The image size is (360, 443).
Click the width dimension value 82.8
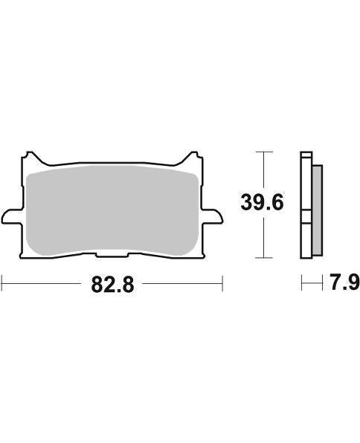[x=112, y=285]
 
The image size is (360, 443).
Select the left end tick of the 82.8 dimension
[x=2, y=283]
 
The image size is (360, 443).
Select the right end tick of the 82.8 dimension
[x=222, y=283]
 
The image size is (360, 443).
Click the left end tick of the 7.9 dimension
[x=301, y=283]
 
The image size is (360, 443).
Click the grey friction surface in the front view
[x=112, y=212]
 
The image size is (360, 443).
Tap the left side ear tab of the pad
[x=9, y=215]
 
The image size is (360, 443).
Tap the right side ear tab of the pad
[x=215, y=215]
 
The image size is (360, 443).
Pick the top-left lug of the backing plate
[x=30, y=158]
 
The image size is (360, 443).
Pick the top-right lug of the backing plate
[x=193, y=158]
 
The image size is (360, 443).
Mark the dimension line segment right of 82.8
[x=182, y=283]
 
